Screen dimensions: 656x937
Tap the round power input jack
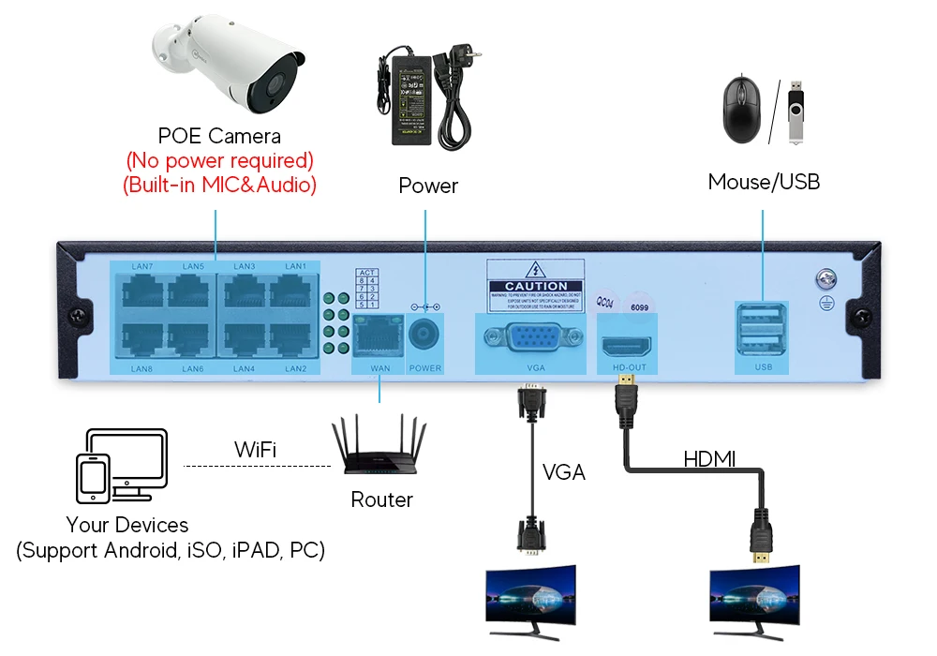pos(425,335)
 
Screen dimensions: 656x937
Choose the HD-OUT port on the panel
pos(627,344)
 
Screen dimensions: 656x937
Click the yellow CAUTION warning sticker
pos(535,285)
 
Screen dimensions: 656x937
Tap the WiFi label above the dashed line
pos(255,451)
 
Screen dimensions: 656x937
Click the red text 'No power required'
pos(219,161)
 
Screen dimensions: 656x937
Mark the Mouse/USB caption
pos(764,182)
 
